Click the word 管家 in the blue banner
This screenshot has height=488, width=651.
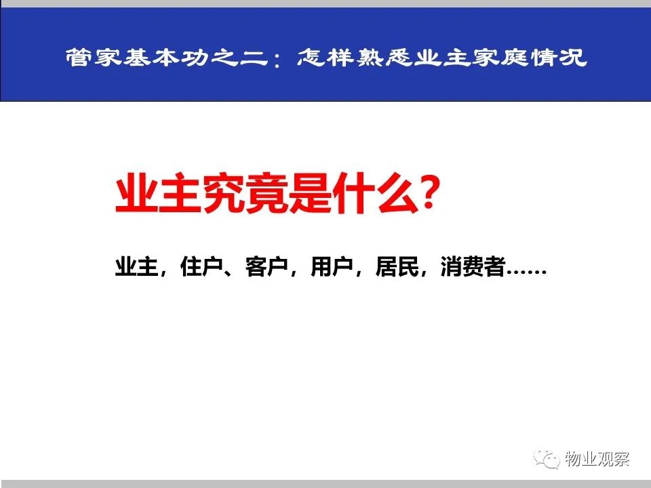coord(93,57)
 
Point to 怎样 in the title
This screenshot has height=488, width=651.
coord(325,57)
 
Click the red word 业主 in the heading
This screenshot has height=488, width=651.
coord(158,194)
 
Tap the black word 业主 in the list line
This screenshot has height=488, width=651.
coord(136,266)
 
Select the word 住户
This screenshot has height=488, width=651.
coord(201,266)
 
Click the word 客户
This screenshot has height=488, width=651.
coord(267,266)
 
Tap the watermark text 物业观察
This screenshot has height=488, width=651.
coord(597,459)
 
